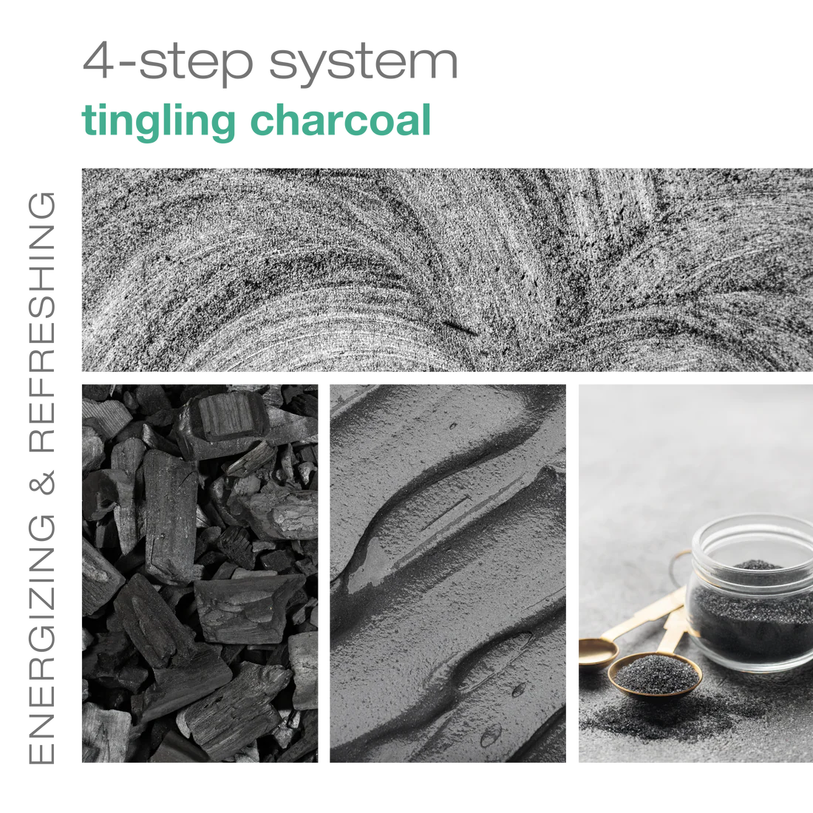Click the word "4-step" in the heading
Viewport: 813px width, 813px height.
tap(168, 64)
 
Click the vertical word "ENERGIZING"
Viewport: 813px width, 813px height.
tap(41, 639)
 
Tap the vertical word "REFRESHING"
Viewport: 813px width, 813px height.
tap(41, 322)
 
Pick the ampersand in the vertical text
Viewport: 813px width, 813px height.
tap(41, 483)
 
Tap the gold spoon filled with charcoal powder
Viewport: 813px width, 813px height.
tap(654, 674)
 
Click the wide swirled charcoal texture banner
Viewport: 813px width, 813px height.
tap(447, 270)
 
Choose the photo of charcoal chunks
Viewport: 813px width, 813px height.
tap(200, 573)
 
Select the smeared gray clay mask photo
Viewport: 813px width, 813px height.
tap(447, 573)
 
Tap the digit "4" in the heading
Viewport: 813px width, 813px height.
tap(98, 61)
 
